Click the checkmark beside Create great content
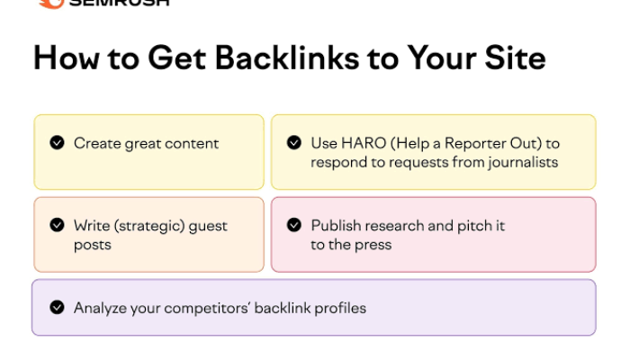point(58,142)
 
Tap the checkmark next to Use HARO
point(294,142)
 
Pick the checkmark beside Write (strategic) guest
point(58,225)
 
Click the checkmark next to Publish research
point(294,225)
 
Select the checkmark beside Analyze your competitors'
point(58,307)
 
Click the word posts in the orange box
point(93,244)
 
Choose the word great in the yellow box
point(142,143)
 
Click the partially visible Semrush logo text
point(117,3)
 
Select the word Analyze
point(100,308)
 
